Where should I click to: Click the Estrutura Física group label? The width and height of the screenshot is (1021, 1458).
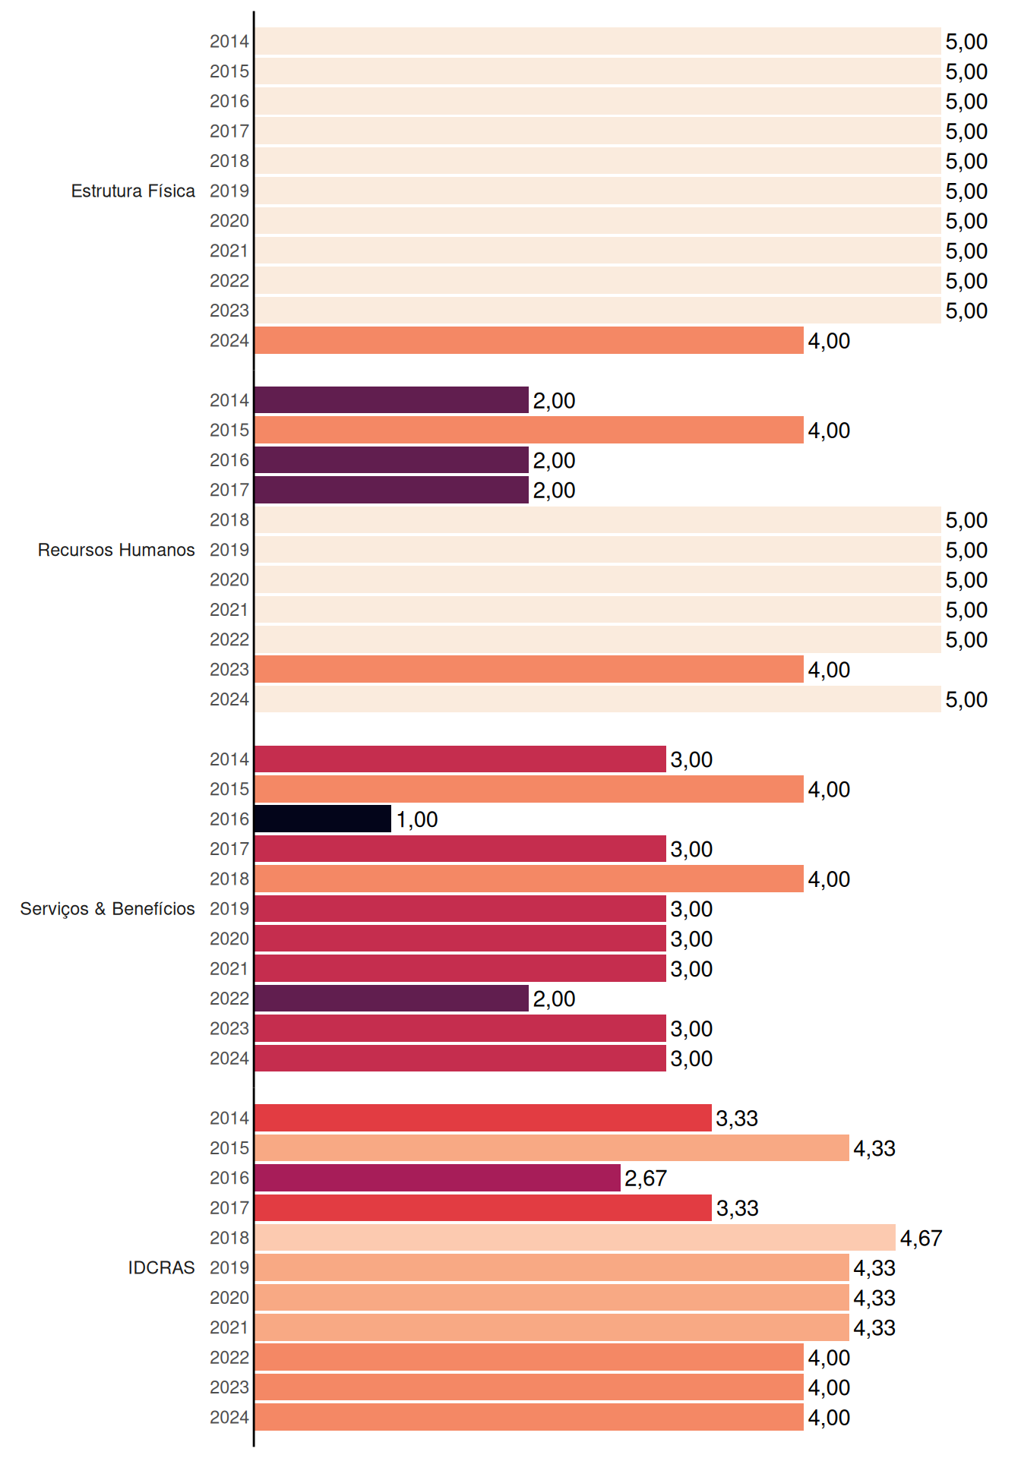point(133,191)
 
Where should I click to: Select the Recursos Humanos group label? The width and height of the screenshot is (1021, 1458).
point(116,550)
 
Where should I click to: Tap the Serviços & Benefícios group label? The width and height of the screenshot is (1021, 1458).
point(107,909)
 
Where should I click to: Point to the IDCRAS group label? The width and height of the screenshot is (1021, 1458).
point(161,1267)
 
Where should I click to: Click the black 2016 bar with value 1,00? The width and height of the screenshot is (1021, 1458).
point(323,819)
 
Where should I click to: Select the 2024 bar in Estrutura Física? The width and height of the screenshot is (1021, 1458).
point(529,340)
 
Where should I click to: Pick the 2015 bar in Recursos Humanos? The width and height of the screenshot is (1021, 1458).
point(529,430)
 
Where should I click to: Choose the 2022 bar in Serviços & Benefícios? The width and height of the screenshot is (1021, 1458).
point(392,999)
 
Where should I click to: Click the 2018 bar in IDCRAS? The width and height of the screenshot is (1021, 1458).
point(575,1238)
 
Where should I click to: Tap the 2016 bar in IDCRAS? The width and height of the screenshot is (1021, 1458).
point(438,1178)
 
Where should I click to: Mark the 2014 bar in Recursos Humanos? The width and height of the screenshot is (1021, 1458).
point(392,400)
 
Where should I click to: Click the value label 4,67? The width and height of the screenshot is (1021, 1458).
point(921,1239)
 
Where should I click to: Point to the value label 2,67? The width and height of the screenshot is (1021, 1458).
point(646,1179)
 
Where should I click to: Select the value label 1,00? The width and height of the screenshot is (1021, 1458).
point(417,819)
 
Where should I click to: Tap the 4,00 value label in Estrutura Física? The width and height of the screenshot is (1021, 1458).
point(829,341)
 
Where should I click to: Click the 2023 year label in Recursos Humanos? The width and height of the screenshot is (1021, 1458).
point(229,670)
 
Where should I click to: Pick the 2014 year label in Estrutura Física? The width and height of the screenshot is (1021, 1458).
point(229,42)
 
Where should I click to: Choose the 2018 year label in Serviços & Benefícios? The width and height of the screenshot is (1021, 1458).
point(229,879)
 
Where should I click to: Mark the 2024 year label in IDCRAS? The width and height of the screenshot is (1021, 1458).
point(229,1417)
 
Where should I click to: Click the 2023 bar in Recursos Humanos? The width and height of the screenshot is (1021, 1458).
point(529,669)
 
